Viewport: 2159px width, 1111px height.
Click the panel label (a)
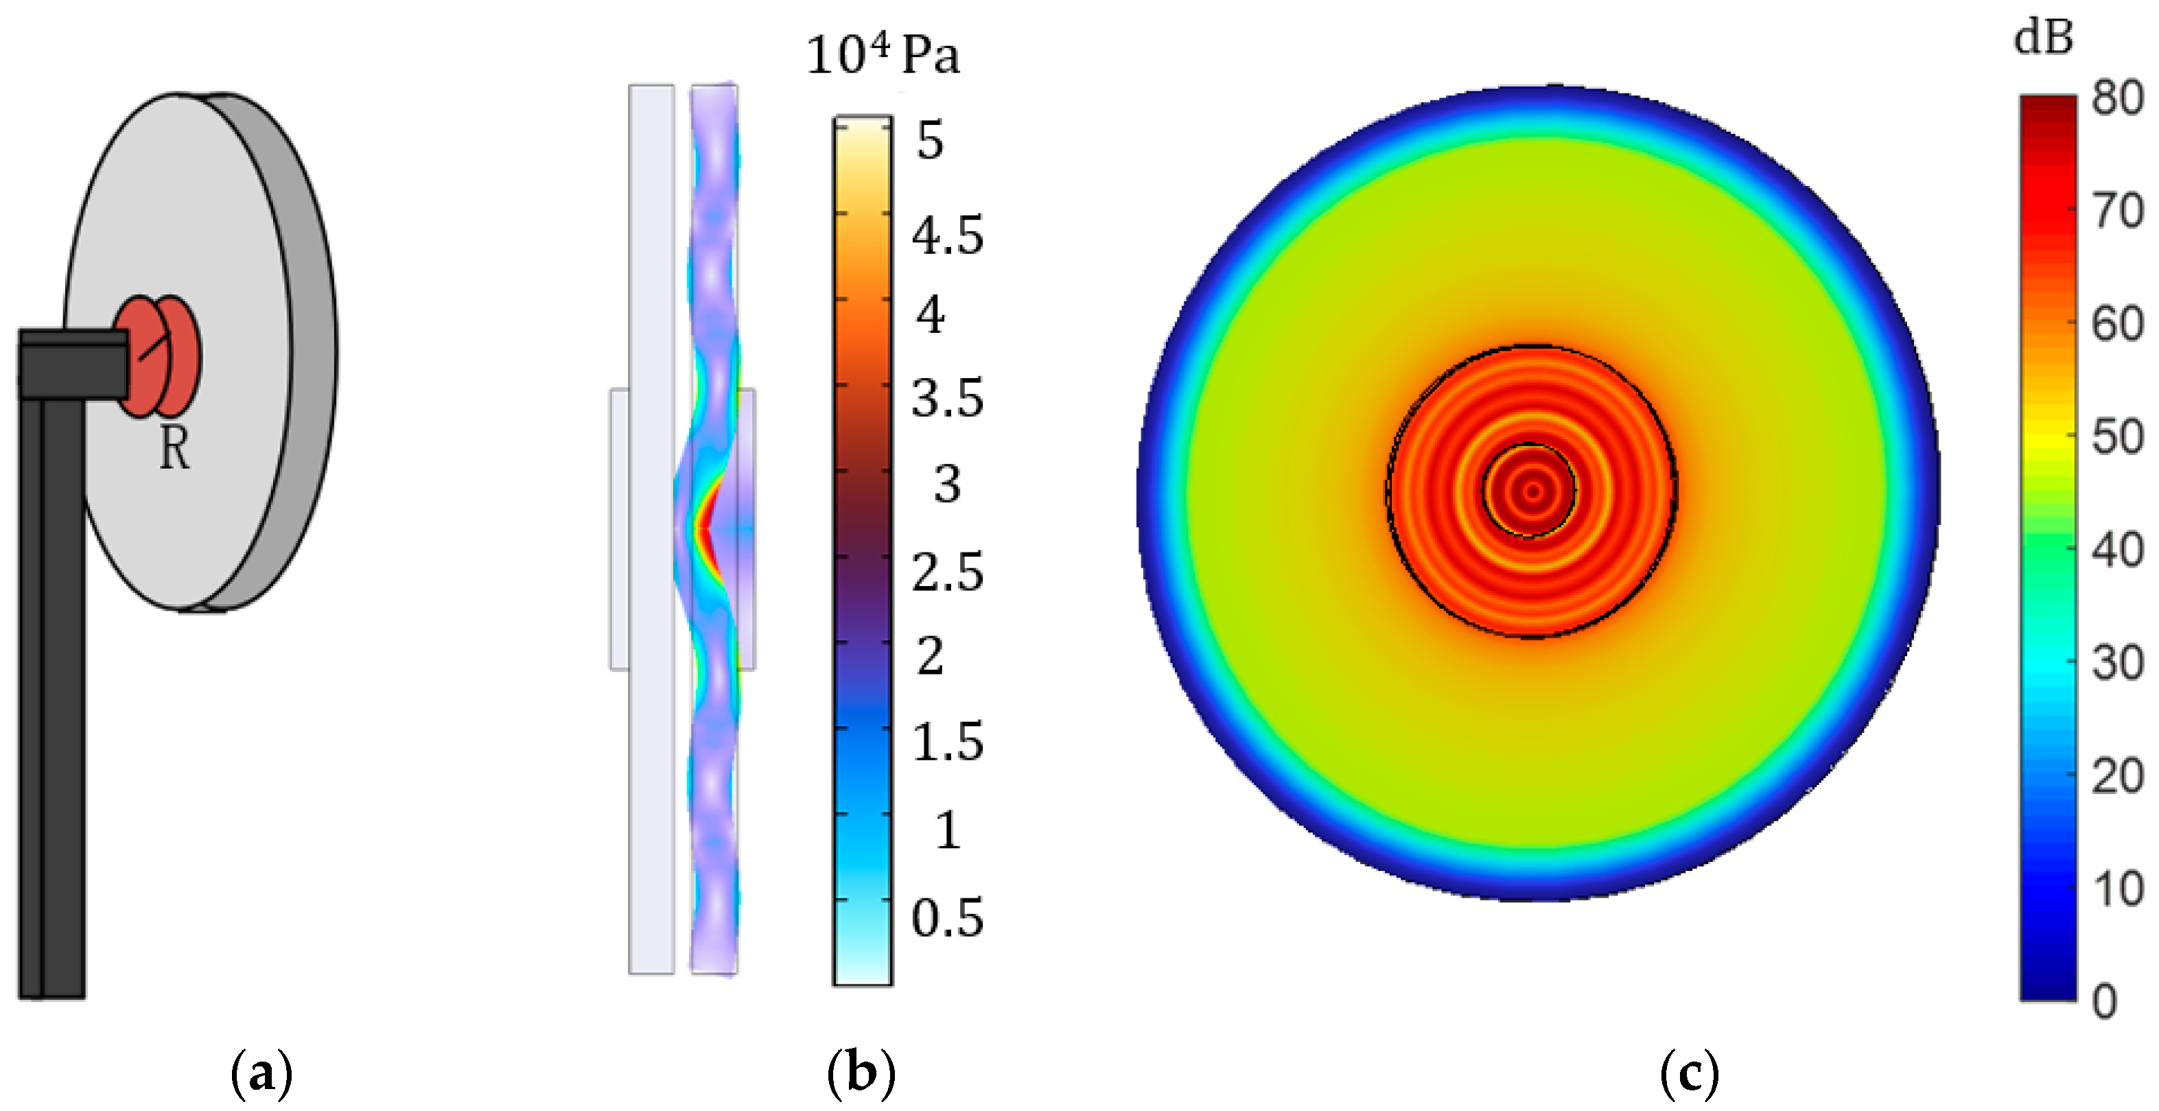point(261,1073)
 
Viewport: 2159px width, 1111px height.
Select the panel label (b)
point(861,1073)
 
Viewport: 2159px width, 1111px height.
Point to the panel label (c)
point(1689,1073)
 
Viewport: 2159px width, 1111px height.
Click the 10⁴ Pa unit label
point(883,56)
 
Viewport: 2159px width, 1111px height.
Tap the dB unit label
point(2043,38)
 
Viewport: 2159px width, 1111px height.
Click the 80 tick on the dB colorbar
point(2117,98)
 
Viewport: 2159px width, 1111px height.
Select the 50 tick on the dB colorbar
point(2117,436)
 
